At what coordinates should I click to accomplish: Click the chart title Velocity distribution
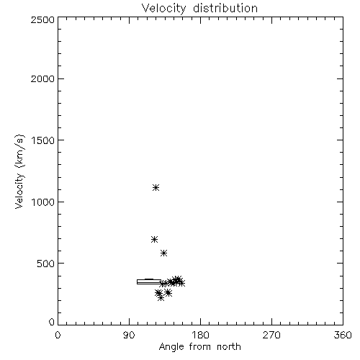click(x=199, y=8)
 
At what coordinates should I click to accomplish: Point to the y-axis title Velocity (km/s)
click(x=19, y=171)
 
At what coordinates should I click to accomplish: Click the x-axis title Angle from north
click(x=200, y=347)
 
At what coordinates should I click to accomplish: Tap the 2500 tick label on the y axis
click(x=42, y=19)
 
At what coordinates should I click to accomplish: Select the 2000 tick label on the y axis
click(x=42, y=78)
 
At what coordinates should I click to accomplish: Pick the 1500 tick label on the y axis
click(x=43, y=140)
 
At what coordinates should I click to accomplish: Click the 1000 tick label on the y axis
click(x=43, y=202)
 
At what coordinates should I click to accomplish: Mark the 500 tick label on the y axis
click(x=46, y=264)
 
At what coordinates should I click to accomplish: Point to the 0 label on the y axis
click(x=52, y=322)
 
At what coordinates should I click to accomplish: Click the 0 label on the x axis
click(x=58, y=335)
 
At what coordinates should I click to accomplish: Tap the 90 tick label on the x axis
click(x=129, y=335)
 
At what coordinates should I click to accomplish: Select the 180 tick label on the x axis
click(x=200, y=335)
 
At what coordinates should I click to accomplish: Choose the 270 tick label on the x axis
click(x=271, y=335)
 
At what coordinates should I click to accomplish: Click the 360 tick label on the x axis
click(x=343, y=335)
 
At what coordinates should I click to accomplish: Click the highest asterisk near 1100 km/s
click(x=156, y=188)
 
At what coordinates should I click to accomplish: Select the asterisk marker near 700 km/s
click(x=155, y=239)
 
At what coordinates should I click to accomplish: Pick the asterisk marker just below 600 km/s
click(x=163, y=253)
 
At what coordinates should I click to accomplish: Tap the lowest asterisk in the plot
click(x=161, y=298)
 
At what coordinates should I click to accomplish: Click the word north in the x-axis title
click(x=229, y=347)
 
